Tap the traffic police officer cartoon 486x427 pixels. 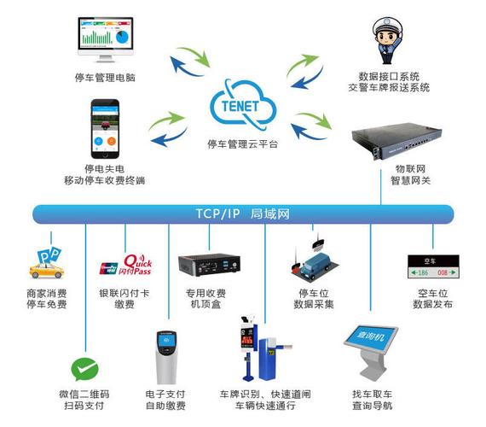tap(388, 38)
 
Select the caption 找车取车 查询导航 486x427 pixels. tap(372, 400)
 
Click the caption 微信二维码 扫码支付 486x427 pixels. tap(84, 400)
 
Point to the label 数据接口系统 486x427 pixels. tap(389, 75)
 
